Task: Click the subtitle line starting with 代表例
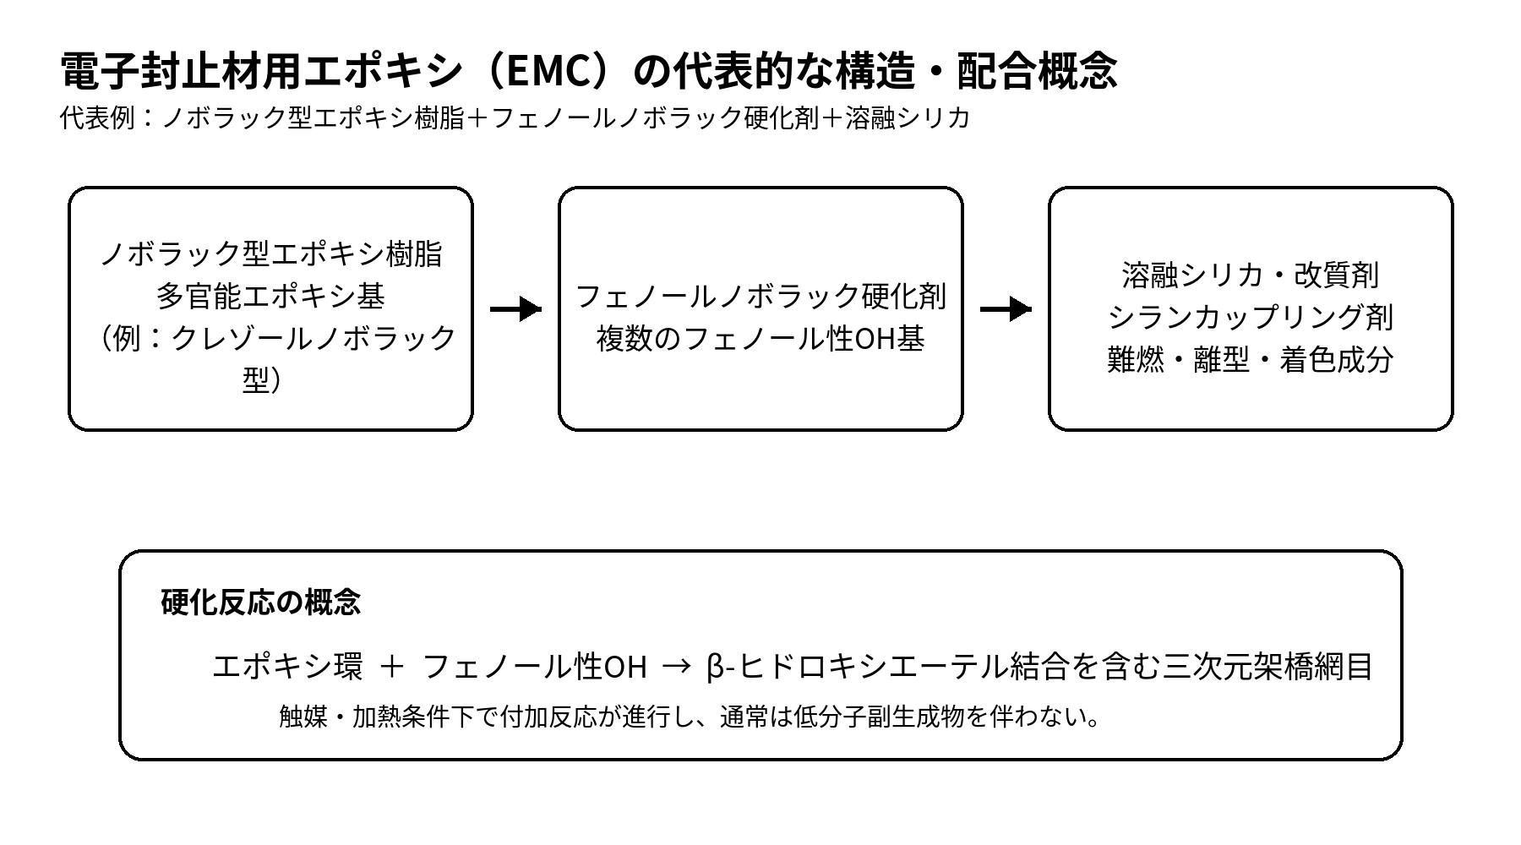[515, 117]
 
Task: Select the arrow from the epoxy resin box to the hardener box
[515, 309]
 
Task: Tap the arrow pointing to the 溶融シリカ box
[1006, 309]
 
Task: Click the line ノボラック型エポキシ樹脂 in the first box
[270, 253]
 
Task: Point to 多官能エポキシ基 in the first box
[270, 296]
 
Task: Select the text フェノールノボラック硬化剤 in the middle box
[760, 296]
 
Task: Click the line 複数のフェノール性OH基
[760, 338]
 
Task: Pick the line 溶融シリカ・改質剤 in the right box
[1251, 275]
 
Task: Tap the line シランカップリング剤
[1251, 317]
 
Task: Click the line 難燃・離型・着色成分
[1251, 359]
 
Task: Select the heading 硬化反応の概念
[260, 602]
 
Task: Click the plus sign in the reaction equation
[392, 667]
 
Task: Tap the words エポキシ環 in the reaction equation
[287, 667]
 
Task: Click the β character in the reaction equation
[715, 668]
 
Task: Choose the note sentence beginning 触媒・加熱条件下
[690, 717]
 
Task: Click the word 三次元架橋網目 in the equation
[1267, 667]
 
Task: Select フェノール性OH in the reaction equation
[534, 667]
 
